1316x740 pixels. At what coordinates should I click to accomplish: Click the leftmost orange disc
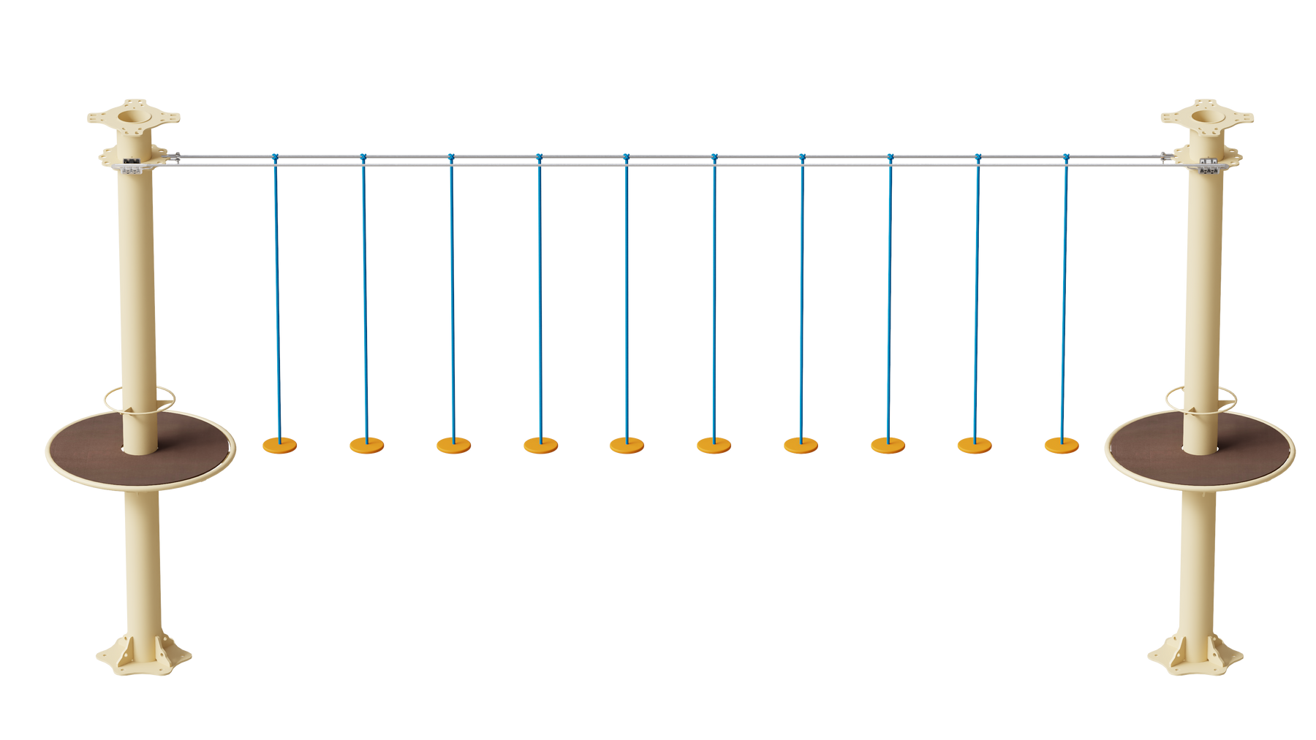click(279, 444)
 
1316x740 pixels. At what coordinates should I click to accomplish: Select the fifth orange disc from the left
click(627, 444)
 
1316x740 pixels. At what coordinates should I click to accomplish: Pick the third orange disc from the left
click(453, 444)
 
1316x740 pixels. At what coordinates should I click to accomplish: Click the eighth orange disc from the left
click(888, 444)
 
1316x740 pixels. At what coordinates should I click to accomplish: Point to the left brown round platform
click(80, 449)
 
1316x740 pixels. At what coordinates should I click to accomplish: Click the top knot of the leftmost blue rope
click(275, 158)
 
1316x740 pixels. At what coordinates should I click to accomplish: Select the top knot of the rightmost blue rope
click(1065, 158)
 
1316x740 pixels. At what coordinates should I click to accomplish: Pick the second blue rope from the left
click(364, 292)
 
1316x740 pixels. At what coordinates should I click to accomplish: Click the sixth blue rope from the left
click(714, 292)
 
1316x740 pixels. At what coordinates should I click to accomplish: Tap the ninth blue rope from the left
click(976, 292)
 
